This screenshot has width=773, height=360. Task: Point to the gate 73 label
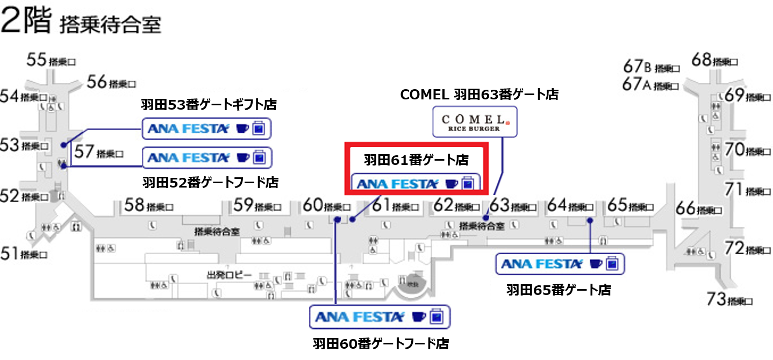click(x=729, y=299)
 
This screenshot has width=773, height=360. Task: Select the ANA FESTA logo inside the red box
click(x=398, y=184)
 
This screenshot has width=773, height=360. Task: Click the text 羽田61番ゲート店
click(x=416, y=160)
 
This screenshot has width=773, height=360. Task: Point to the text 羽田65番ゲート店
click(x=559, y=290)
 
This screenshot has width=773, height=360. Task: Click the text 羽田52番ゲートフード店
click(x=210, y=183)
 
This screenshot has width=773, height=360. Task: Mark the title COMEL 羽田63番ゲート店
click(x=479, y=95)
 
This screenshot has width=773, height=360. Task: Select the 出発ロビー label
click(x=229, y=275)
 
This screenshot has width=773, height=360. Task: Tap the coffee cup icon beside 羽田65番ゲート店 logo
click(x=595, y=264)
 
